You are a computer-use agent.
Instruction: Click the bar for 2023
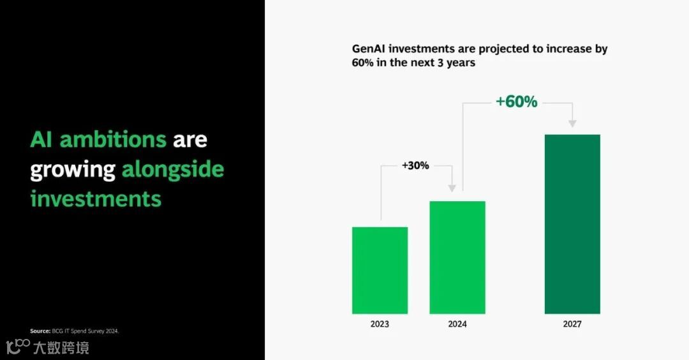pos(380,271)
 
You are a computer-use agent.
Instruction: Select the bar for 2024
pos(457,258)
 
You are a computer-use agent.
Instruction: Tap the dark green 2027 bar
pos(572,224)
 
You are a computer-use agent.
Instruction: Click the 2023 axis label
pos(380,324)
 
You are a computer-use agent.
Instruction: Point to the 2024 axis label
pos(457,324)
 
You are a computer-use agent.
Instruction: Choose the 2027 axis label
pos(572,324)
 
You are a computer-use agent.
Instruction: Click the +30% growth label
pos(415,166)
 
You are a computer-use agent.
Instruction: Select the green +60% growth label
pos(517,101)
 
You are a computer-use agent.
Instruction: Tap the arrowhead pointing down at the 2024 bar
pos(452,188)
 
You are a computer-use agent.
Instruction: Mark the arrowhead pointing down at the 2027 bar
pos(572,124)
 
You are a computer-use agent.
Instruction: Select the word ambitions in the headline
pos(113,140)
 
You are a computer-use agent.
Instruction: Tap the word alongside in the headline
pos(173,170)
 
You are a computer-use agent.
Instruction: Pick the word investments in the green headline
pos(96,199)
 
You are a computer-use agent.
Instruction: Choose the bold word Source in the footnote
pos(40,331)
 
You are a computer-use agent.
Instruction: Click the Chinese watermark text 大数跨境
pos(61,348)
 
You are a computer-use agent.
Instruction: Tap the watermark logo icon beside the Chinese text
pos(18,346)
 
